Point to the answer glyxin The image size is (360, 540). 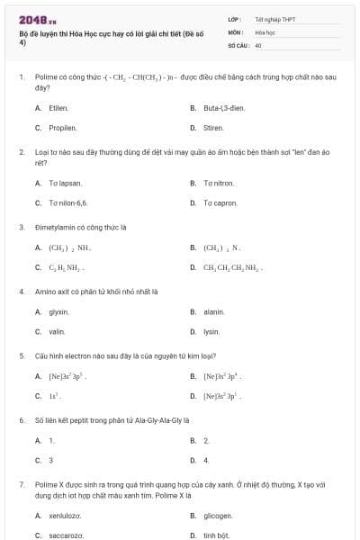coord(58,311)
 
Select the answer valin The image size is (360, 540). coord(57,331)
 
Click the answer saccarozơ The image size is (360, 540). coord(66,535)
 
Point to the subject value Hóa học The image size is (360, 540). coord(264,31)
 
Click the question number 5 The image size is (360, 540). coord(21,355)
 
